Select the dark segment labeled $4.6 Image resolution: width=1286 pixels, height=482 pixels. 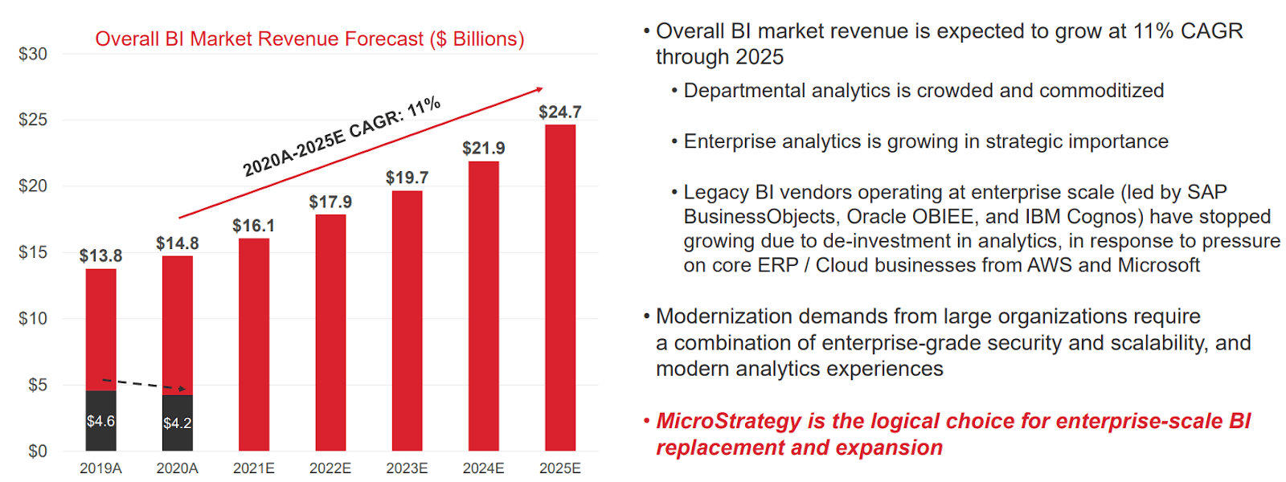click(100, 421)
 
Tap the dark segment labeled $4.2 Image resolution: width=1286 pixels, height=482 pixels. click(177, 423)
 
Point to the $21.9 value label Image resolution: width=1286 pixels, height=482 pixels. click(483, 148)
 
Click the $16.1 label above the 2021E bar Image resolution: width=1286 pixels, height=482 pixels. click(253, 226)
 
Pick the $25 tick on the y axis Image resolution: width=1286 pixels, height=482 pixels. click(32, 120)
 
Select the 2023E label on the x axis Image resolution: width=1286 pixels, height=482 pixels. click(407, 468)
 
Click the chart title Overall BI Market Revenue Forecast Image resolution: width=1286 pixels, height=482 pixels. click(309, 39)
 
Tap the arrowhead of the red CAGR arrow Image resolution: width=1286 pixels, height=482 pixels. click(539, 90)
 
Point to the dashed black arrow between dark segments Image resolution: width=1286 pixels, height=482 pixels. click(145, 385)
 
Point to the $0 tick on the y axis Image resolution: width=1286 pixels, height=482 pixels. click(37, 451)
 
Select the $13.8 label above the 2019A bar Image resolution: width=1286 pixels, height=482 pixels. click(100, 255)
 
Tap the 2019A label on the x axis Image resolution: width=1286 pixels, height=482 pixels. click(100, 468)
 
